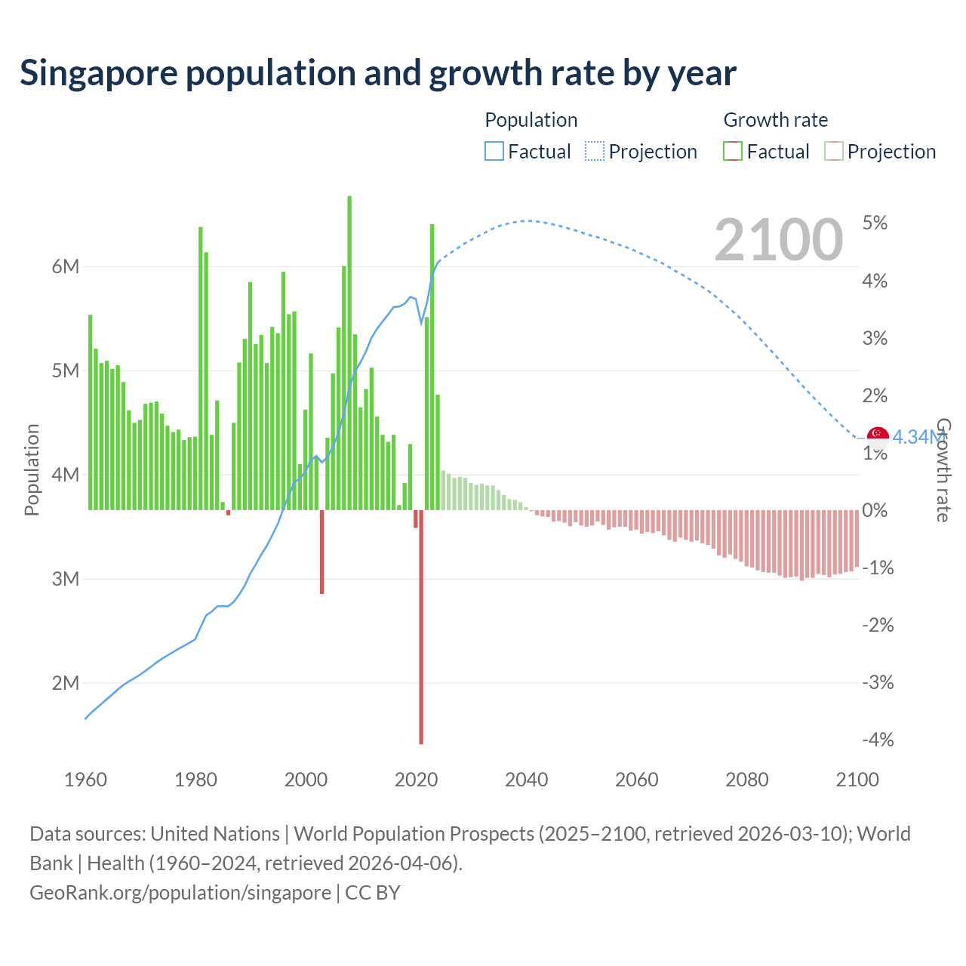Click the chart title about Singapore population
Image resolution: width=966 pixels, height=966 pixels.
(377, 73)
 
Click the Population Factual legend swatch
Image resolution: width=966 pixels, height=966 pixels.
(494, 151)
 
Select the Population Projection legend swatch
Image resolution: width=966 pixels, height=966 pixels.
(595, 151)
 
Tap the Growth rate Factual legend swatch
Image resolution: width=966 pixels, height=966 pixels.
(733, 151)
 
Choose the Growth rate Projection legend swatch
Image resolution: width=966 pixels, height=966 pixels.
(833, 151)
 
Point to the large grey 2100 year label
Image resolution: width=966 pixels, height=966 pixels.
(778, 239)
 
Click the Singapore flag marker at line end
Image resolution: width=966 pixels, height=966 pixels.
(878, 436)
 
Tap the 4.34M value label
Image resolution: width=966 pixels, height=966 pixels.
(918, 437)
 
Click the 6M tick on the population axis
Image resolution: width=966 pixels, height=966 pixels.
(66, 266)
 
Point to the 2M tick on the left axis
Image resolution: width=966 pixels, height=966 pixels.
(66, 683)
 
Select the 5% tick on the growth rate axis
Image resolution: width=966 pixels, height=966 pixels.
(875, 223)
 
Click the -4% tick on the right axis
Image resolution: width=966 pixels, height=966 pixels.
(878, 740)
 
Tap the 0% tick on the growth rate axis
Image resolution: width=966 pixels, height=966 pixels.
(875, 510)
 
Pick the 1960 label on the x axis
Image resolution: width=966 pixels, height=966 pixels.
(85, 780)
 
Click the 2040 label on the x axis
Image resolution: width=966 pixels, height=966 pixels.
(526, 780)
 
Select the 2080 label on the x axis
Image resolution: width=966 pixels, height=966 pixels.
(746, 780)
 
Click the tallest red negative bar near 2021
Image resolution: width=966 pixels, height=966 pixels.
(421, 626)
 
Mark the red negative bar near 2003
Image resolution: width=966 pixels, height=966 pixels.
(321, 552)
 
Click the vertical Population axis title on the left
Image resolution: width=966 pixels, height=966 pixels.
(32, 469)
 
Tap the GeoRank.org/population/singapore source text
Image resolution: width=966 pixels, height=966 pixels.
(180, 893)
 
